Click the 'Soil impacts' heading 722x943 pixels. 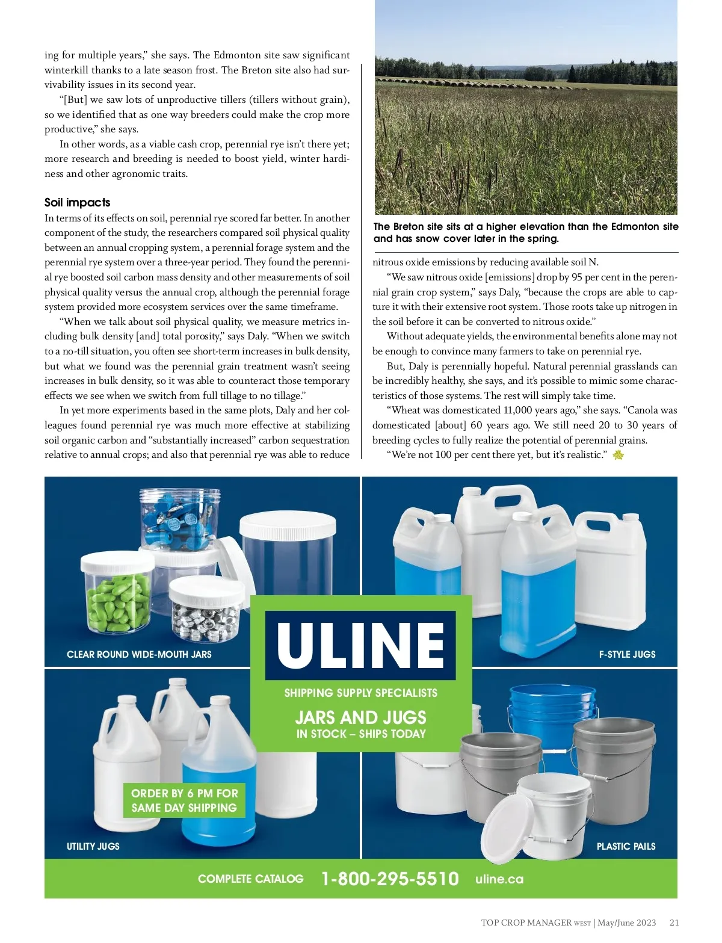point(77,202)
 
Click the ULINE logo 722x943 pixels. point(360,645)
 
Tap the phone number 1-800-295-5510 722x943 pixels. point(390,879)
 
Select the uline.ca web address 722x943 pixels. point(499,879)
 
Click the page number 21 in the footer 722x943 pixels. point(674,923)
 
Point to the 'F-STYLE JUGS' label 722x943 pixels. point(627,654)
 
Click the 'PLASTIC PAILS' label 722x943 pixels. point(626,846)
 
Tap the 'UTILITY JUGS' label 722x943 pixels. point(93,846)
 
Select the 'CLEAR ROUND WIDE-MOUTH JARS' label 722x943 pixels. point(139,654)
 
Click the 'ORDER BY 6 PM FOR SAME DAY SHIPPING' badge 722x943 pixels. point(184,800)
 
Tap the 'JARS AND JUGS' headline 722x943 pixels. point(360,717)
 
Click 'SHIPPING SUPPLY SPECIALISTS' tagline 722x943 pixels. point(360,693)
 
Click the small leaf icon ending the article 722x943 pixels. point(618,455)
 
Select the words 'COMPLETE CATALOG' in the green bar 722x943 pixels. point(250,879)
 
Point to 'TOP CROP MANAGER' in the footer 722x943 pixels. point(526,923)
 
